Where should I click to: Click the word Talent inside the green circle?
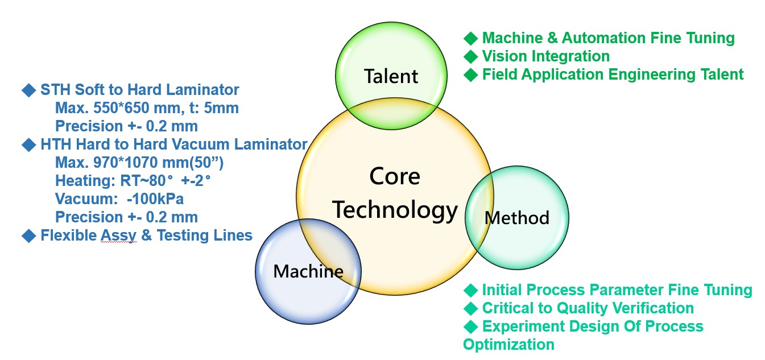(x=391, y=76)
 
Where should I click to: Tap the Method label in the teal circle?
(x=517, y=218)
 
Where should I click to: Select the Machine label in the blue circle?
(x=308, y=271)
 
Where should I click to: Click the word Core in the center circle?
(x=395, y=176)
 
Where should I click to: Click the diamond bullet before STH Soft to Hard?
(x=29, y=90)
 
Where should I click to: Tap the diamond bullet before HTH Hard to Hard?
(x=29, y=145)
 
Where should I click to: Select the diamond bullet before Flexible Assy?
(x=29, y=235)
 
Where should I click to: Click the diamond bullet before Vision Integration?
(x=471, y=56)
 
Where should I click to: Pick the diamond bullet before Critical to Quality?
(x=471, y=308)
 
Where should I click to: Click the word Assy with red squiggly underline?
(x=118, y=235)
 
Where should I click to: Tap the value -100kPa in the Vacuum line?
(x=155, y=199)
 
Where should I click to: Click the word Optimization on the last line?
(x=509, y=345)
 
